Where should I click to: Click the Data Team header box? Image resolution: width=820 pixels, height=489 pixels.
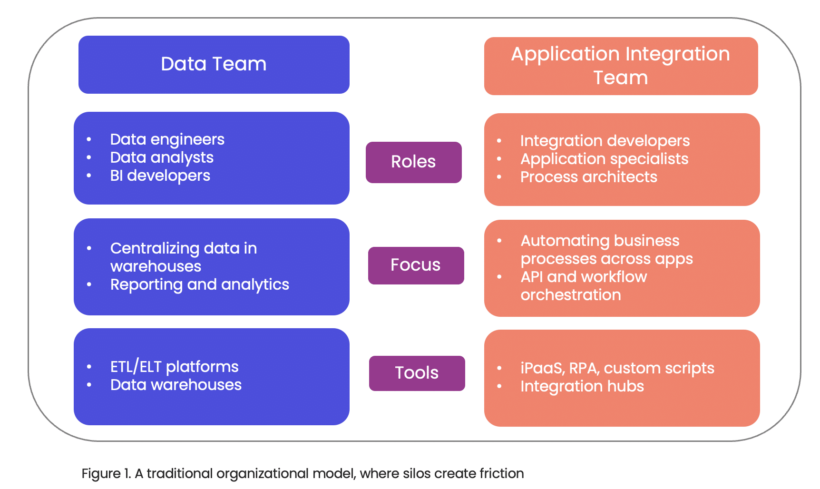pyautogui.click(x=214, y=65)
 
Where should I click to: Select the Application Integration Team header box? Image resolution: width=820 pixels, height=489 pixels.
pyautogui.click(x=621, y=66)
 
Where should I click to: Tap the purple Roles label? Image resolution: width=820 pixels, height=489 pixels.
pyautogui.click(x=414, y=162)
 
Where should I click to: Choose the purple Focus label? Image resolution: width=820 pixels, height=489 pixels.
pyautogui.click(x=416, y=265)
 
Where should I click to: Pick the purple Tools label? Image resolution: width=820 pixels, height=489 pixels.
pyautogui.click(x=417, y=373)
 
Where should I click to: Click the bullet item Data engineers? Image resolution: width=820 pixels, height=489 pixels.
pyautogui.click(x=167, y=139)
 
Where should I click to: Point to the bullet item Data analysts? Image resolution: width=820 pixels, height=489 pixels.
pyautogui.click(x=162, y=157)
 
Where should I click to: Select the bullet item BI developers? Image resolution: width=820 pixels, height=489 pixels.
pyautogui.click(x=160, y=176)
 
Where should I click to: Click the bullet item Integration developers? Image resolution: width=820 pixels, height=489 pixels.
pyautogui.click(x=605, y=141)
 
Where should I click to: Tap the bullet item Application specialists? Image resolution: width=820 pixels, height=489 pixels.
pyautogui.click(x=605, y=159)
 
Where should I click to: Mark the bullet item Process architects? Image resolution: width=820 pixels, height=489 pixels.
pyautogui.click(x=589, y=177)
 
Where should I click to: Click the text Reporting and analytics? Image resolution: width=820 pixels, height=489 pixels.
pyautogui.click(x=200, y=284)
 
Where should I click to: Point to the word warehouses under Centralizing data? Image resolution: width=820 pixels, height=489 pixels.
pyautogui.click(x=156, y=266)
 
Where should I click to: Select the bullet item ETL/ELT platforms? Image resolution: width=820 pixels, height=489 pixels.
pyautogui.click(x=175, y=367)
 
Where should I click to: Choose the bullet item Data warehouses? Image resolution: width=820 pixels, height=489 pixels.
pyautogui.click(x=176, y=385)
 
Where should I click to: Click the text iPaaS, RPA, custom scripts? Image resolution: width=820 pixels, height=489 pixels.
pyautogui.click(x=617, y=368)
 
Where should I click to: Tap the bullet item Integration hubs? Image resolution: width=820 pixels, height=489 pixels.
pyautogui.click(x=582, y=386)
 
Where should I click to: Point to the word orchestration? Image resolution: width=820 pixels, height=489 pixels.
pyautogui.click(x=571, y=295)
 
